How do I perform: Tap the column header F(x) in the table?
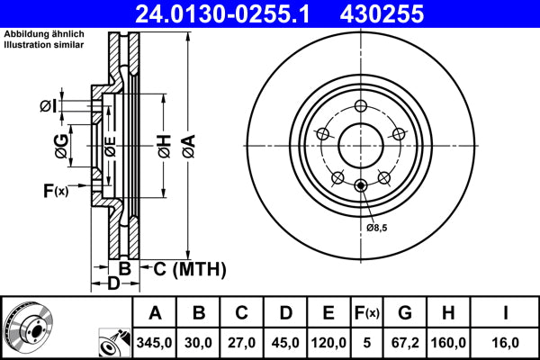pyautogui.click(x=368, y=312)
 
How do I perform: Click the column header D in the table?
pyautogui.click(x=284, y=312)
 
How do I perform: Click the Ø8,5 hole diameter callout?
pyautogui.click(x=378, y=227)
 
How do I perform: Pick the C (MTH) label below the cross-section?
pyautogui.click(x=184, y=269)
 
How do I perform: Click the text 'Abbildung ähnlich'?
pyautogui.click(x=43, y=34)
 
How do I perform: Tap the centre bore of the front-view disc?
pyautogui.click(x=361, y=145)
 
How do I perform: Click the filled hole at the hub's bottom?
pyautogui.click(x=361, y=185)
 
